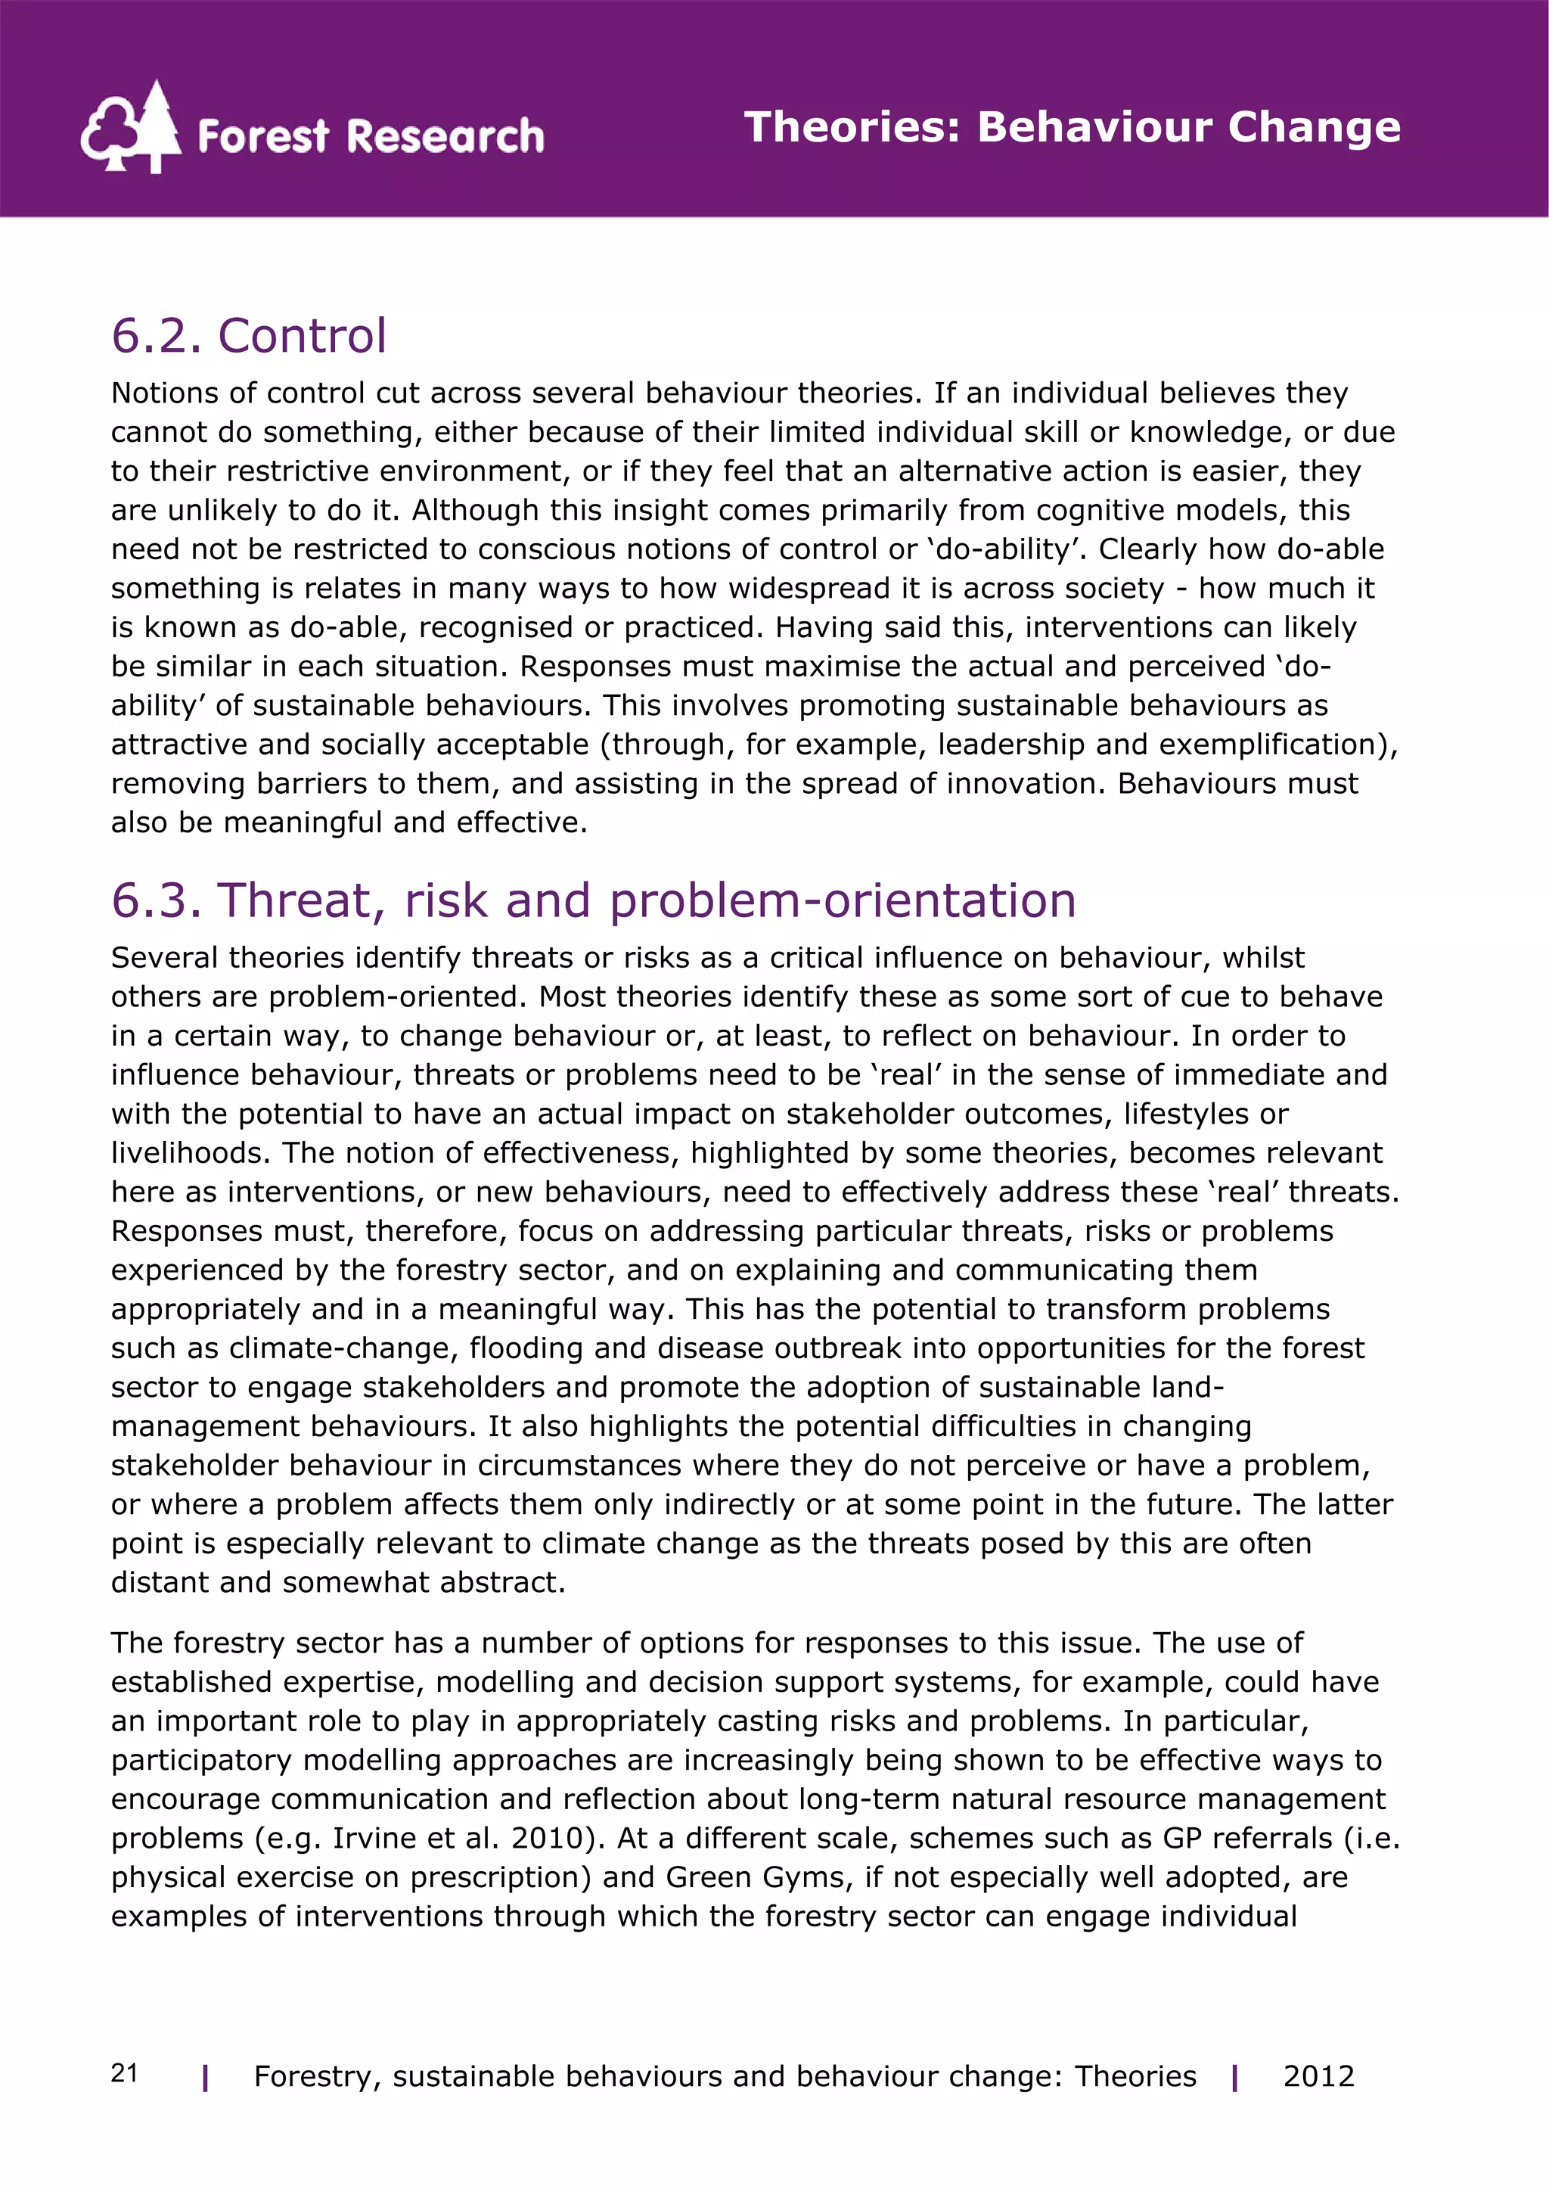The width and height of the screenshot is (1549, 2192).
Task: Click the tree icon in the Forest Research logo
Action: pos(132,127)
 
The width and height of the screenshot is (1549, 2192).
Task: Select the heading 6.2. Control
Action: pos(248,336)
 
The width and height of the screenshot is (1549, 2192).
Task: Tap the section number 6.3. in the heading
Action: pos(157,900)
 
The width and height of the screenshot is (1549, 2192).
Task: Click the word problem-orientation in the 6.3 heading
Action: pos(843,900)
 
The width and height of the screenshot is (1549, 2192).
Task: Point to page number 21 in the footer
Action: pos(124,2074)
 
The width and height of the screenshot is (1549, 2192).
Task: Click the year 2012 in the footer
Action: pos(1318,2076)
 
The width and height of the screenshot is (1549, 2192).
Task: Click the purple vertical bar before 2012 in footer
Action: pos(1235,2078)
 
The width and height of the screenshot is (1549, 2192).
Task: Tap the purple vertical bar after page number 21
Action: pos(205,2078)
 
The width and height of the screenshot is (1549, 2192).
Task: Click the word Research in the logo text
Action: pos(445,136)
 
